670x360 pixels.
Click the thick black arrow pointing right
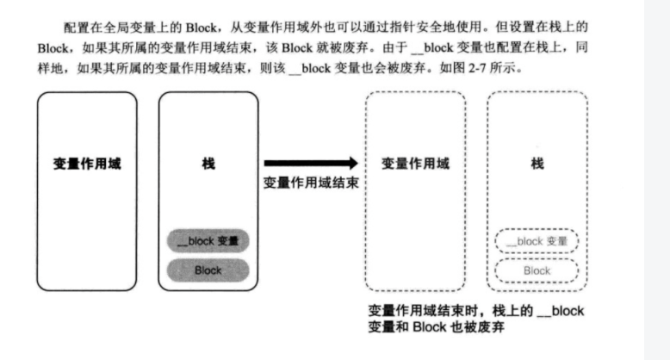[310, 163]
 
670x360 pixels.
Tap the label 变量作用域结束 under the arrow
[310, 183]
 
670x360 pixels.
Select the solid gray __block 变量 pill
[208, 241]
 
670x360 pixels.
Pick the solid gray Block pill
[208, 270]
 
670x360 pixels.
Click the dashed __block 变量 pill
[537, 242]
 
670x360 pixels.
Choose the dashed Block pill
[537, 270]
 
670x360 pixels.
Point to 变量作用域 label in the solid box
[87, 163]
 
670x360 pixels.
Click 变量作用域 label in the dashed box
[415, 163]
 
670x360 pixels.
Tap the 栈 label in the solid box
[208, 163]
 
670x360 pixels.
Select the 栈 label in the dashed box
[537, 163]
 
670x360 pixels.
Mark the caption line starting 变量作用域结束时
[474, 310]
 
